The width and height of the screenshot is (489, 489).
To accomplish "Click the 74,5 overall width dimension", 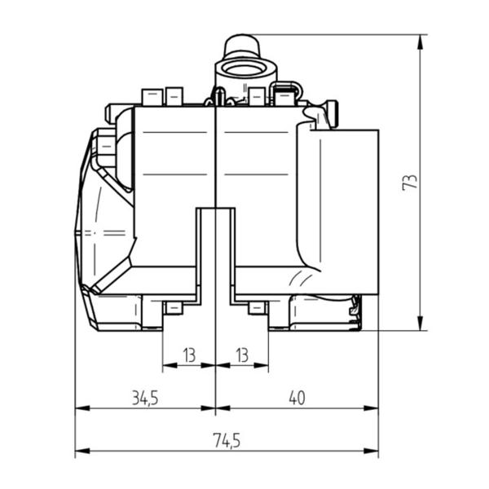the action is [227, 441].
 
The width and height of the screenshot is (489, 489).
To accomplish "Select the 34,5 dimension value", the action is [145, 399].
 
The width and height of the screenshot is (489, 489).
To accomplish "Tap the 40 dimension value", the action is [297, 398].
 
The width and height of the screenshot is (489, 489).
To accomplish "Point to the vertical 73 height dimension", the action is [410, 182].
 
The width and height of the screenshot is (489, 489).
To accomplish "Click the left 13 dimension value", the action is [189, 355].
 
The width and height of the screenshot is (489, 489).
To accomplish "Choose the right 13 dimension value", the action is [242, 355].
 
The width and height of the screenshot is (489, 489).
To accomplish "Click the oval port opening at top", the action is [244, 69].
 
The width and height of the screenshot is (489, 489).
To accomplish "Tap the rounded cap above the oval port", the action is [242, 46].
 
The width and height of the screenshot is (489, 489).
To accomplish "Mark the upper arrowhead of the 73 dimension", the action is [420, 42].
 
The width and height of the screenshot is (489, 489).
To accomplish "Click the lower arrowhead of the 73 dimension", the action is [420, 323].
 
